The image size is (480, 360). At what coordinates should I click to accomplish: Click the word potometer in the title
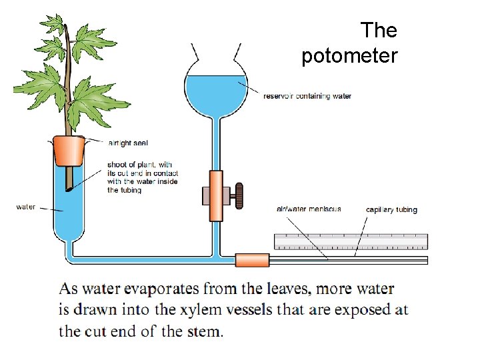(349, 56)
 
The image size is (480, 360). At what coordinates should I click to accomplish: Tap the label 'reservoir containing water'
(307, 96)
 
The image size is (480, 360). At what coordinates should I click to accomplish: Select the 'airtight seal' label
(127, 143)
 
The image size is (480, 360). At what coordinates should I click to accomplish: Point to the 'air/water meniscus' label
(309, 209)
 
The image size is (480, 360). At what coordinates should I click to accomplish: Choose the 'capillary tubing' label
(391, 209)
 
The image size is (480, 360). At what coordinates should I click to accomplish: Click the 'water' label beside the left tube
(26, 207)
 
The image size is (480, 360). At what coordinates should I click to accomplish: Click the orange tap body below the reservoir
(215, 195)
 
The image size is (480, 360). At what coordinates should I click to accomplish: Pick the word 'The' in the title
(379, 31)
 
